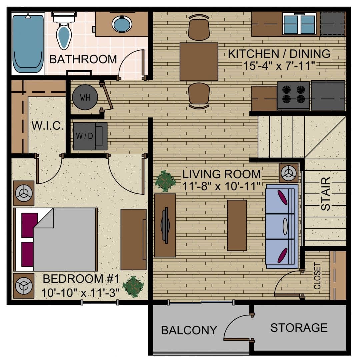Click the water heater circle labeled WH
85,98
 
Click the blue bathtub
28,43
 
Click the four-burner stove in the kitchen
293,96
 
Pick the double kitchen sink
299,24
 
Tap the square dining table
199,62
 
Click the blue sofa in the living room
282,227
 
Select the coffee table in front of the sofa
237,225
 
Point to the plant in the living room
165,181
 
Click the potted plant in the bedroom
133,286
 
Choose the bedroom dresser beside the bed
133,239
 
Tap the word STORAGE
299,328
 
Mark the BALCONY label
189,330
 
